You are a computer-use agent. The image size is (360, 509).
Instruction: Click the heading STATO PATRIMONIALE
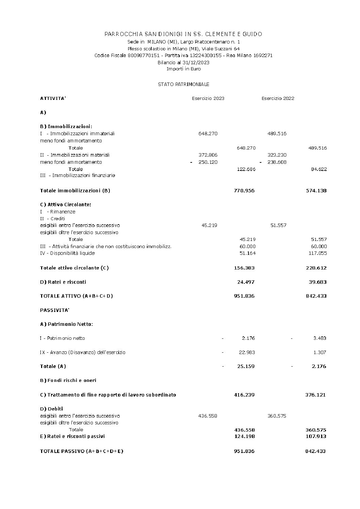click(x=184, y=84)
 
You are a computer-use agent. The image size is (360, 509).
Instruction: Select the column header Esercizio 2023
click(x=208, y=99)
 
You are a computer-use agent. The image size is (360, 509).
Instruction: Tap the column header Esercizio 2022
click(x=278, y=99)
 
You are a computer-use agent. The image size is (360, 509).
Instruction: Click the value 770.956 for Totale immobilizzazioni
click(x=244, y=191)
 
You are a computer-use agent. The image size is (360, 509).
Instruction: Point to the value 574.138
click(x=316, y=191)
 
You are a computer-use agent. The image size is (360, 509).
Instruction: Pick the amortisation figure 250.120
click(x=208, y=162)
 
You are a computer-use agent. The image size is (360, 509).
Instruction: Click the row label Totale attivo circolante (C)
click(x=74, y=268)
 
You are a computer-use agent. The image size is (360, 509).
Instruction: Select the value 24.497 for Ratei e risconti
click(x=246, y=282)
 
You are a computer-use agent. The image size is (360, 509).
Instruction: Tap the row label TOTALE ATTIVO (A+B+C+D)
click(x=76, y=296)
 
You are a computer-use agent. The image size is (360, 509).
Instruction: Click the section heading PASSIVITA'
click(x=55, y=310)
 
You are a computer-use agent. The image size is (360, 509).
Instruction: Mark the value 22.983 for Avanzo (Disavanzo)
click(x=247, y=352)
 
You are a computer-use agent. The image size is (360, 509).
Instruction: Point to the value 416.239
click(x=244, y=395)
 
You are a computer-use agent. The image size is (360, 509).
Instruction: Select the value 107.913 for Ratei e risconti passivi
click(x=316, y=436)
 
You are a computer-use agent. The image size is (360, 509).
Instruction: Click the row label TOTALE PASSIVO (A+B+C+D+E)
click(x=82, y=451)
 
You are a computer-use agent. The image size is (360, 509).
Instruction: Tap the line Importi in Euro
click(x=184, y=69)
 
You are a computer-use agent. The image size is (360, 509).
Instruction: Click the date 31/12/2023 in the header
click(x=198, y=63)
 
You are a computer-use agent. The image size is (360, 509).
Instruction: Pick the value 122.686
click(x=246, y=169)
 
